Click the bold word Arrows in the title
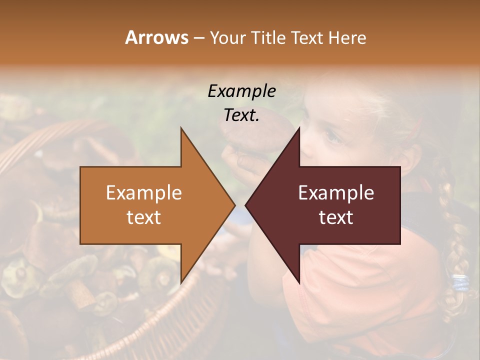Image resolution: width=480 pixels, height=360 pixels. coord(156,37)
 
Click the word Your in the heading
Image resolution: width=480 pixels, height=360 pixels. coord(227,37)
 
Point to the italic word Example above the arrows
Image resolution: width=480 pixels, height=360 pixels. coord(241,91)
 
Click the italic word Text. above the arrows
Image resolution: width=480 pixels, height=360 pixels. coord(241,115)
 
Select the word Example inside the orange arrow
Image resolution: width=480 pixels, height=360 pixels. coord(144,192)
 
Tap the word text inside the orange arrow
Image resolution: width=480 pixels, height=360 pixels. coord(144,217)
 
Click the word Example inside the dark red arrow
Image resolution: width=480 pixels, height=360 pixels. coord(336,192)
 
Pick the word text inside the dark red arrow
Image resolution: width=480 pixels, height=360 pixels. coord(336,217)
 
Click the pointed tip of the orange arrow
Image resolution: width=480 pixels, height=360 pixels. coord(234,205)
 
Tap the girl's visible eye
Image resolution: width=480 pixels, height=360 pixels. coord(331,135)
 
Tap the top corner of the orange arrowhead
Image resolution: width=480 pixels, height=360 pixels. coord(181,129)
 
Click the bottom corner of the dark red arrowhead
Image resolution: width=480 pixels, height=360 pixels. coord(299,282)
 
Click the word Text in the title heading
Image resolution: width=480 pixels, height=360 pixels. coord(306,37)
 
